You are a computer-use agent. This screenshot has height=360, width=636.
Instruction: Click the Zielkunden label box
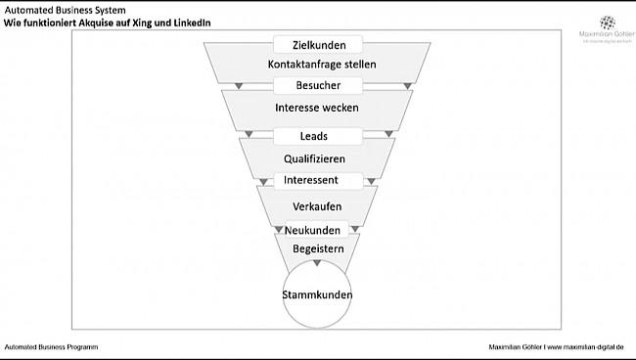click(x=317, y=45)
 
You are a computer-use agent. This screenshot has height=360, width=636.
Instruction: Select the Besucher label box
click(x=317, y=86)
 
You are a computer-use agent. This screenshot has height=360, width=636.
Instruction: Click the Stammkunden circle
click(x=317, y=294)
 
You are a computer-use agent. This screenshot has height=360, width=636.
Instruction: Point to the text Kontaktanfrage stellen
click(x=322, y=65)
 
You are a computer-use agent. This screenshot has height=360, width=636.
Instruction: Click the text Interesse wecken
click(x=318, y=107)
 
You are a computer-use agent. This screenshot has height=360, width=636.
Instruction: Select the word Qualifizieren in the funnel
click(x=314, y=157)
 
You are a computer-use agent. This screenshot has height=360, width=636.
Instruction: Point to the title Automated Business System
click(x=65, y=10)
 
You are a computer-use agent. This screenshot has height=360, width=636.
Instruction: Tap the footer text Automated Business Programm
click(x=51, y=347)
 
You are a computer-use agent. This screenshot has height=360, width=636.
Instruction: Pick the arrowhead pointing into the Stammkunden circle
click(x=316, y=263)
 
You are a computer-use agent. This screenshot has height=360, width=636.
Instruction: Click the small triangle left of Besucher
click(x=238, y=87)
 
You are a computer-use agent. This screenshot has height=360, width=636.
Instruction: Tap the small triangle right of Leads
click(x=388, y=134)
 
